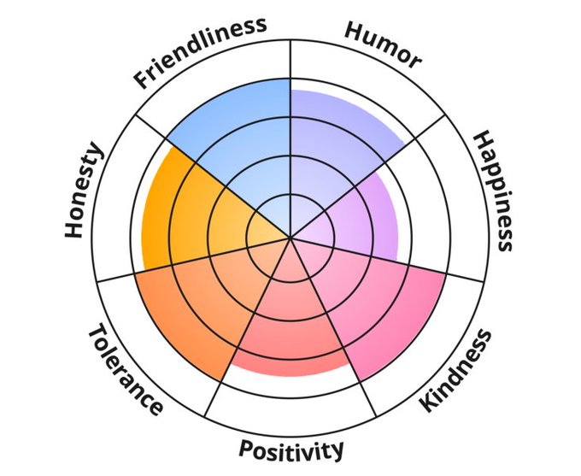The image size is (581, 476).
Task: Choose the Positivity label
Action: (x=291, y=449)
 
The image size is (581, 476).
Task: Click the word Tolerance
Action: (x=125, y=368)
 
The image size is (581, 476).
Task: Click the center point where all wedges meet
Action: (x=290, y=237)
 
